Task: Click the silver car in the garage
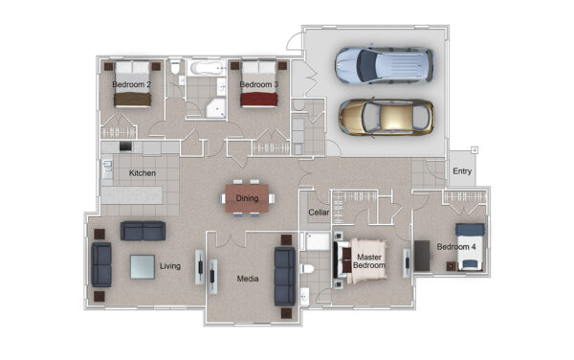coord(385,65)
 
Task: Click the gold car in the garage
coord(386,117)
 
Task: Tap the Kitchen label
coord(143,173)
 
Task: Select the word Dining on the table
coord(247,198)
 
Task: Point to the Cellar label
coord(319,212)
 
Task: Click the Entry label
coord(462,171)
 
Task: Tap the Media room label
coord(248,279)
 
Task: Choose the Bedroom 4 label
coord(456,246)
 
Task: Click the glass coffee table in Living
coord(143,267)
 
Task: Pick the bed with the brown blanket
coord(132,84)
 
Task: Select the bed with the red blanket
coord(259,84)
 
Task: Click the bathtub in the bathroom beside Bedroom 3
coord(207,68)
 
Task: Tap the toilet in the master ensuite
coord(307,269)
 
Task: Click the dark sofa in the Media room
coord(285,277)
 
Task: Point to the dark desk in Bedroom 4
coord(422,256)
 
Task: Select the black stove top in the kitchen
coord(125,146)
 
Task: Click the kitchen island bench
coord(131,195)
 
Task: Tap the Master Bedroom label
coord(369,261)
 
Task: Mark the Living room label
coord(170,266)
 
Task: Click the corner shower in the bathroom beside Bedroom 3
coord(216,107)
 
